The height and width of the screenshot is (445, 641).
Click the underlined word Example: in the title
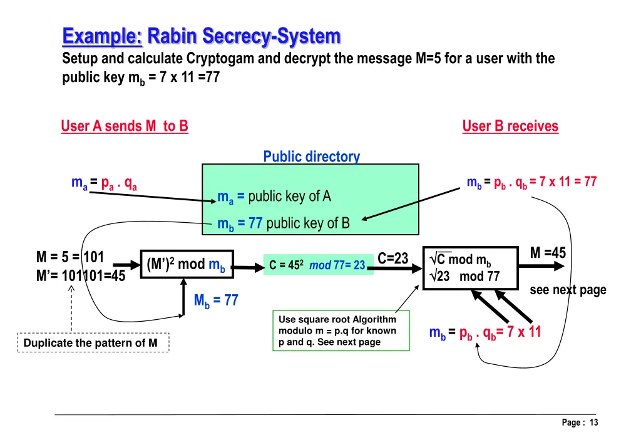(x=102, y=36)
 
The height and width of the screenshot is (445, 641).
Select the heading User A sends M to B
(x=124, y=126)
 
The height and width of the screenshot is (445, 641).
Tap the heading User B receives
(x=510, y=126)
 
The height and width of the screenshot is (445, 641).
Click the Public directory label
(x=311, y=156)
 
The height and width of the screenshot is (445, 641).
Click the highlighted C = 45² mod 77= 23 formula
(x=318, y=265)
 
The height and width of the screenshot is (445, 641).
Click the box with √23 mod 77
(x=471, y=268)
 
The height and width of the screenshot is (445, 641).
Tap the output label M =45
(x=547, y=253)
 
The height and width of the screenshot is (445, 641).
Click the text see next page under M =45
(x=568, y=290)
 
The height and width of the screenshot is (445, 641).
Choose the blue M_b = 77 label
(x=215, y=300)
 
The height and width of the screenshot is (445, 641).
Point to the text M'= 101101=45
(x=81, y=275)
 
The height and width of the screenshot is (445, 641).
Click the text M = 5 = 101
(x=70, y=257)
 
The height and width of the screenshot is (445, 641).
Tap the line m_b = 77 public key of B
(x=284, y=223)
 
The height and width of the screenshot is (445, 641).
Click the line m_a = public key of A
(x=274, y=197)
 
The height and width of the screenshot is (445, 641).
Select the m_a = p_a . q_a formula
(x=104, y=183)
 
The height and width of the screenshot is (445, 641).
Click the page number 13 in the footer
(x=593, y=422)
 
